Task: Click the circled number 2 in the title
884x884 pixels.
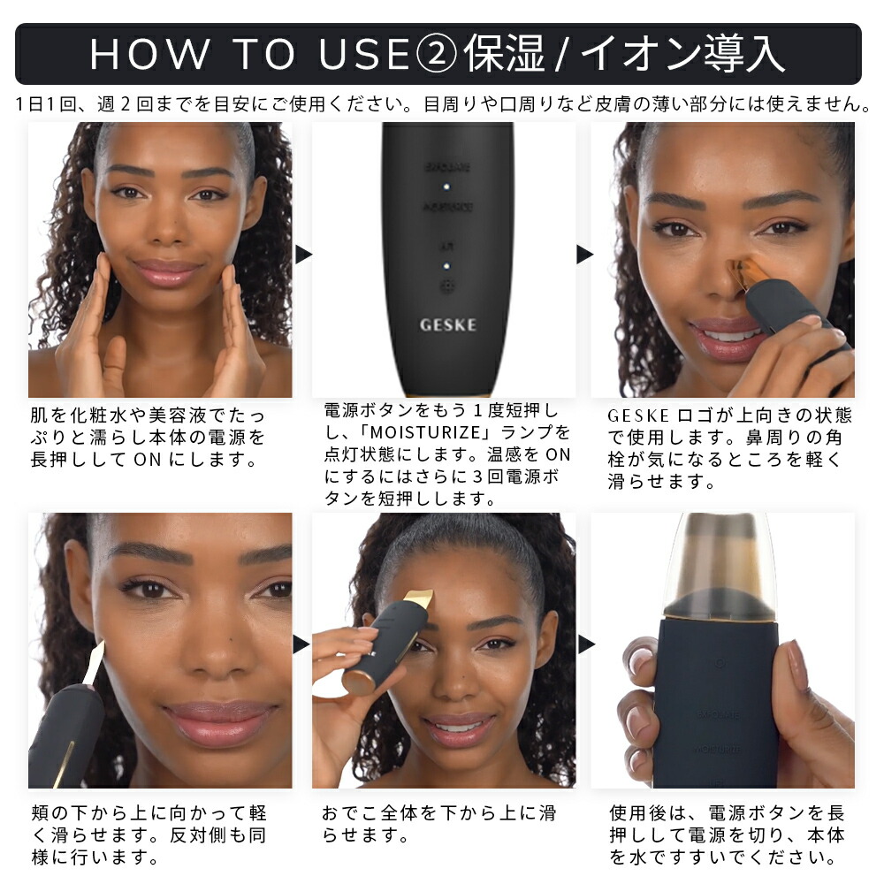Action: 436,54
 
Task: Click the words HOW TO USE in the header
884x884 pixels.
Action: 248,54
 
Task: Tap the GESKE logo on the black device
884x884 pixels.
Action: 446,324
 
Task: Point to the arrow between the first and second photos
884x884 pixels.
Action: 303,255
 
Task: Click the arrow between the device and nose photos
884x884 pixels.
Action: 584,255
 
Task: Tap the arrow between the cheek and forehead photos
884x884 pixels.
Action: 302,644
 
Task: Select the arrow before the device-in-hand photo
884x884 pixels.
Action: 585,644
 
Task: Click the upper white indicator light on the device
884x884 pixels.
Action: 447,187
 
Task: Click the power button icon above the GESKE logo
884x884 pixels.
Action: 447,286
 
